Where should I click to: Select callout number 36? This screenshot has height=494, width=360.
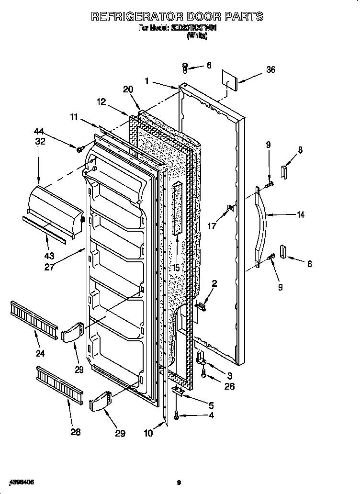[x=270, y=69]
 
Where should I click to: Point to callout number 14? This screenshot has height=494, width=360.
[x=300, y=215]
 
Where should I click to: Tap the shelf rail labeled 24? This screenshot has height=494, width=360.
[x=33, y=318]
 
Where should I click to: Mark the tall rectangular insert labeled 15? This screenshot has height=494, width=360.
[x=178, y=208]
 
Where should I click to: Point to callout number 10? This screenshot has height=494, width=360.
[x=148, y=433]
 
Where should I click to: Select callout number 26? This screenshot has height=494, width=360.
[x=229, y=386]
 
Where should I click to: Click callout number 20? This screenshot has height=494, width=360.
[x=127, y=89]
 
